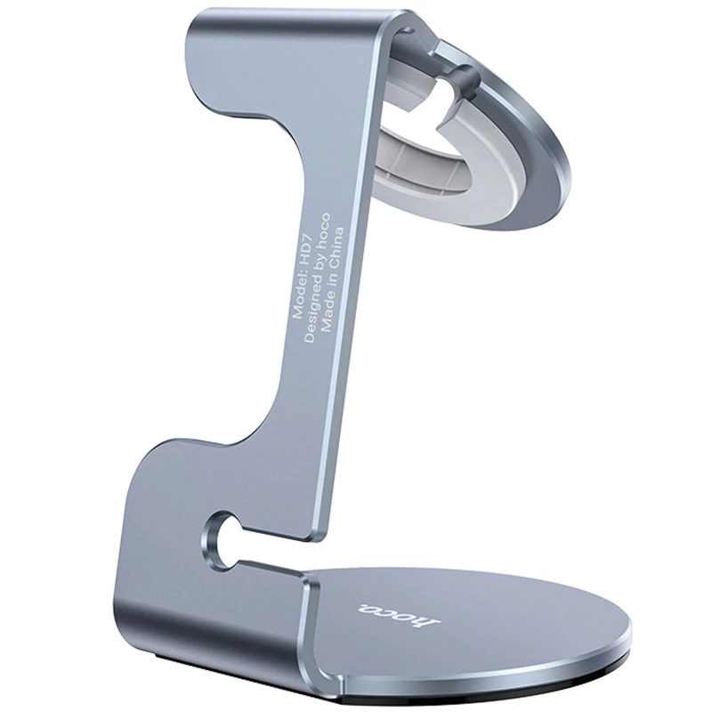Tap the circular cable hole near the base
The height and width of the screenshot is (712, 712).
pyautogui.click(x=216, y=537)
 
